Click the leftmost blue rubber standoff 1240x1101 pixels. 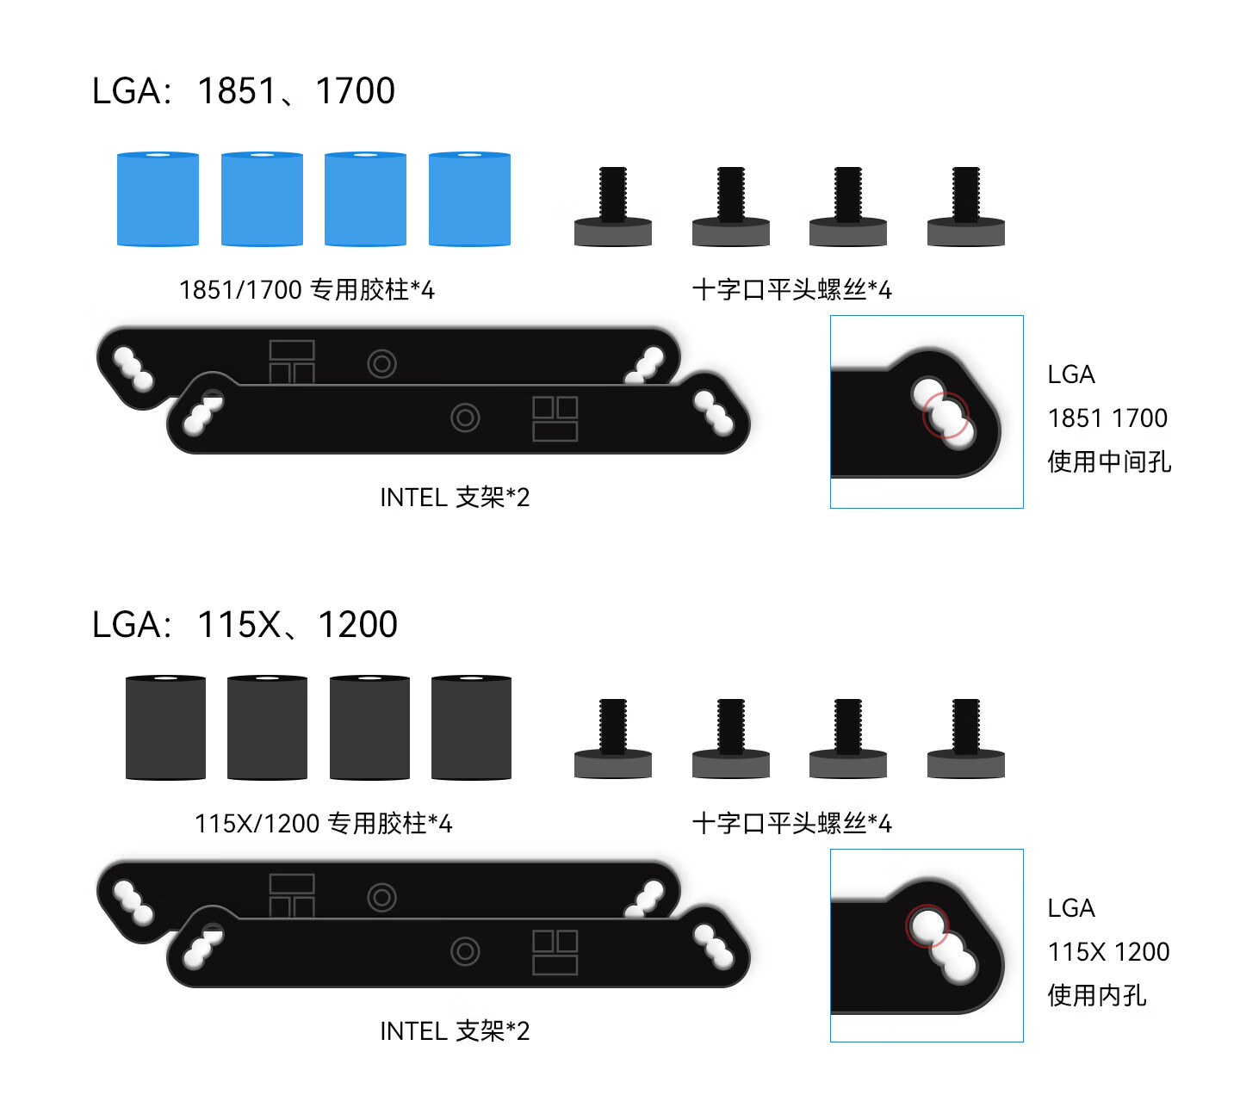tap(158, 199)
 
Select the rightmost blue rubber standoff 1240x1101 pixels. tap(469, 199)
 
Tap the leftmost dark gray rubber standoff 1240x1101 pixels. tap(165, 727)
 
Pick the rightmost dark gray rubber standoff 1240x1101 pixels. tap(471, 727)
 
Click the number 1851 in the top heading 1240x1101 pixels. tap(237, 91)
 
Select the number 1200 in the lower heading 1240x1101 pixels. tap(357, 625)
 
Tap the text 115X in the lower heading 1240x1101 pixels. tap(239, 625)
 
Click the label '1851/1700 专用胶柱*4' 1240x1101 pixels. tap(307, 289)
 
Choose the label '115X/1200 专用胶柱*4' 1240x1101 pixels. tap(323, 823)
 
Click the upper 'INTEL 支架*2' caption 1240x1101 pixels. tap(455, 497)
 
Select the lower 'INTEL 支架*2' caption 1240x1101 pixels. tap(455, 1030)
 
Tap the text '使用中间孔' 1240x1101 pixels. tap(1109, 461)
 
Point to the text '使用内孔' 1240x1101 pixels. tap(1097, 995)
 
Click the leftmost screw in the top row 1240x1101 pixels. tap(612, 207)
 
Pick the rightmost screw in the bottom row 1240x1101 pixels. tap(966, 739)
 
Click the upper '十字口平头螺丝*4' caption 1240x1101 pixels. tap(792, 289)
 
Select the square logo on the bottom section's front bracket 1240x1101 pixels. tap(555, 952)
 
